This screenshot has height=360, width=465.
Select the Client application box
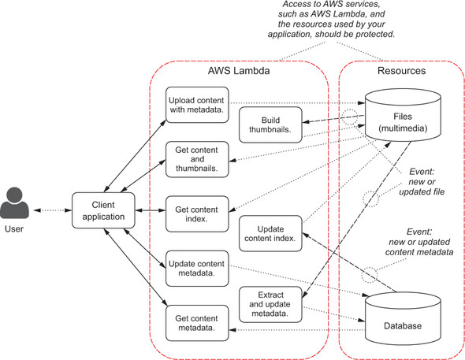(x=103, y=210)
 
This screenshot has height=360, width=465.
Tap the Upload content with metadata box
(x=197, y=105)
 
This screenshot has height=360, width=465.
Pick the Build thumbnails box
(x=270, y=124)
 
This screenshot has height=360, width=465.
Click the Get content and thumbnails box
(x=197, y=159)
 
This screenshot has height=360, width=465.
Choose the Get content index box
(x=197, y=214)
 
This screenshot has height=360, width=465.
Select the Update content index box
(x=270, y=233)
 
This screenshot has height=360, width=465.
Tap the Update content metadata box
(x=197, y=269)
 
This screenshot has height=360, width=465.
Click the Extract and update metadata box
(x=270, y=304)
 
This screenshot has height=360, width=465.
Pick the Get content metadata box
(x=197, y=323)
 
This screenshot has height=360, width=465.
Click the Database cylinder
(x=403, y=318)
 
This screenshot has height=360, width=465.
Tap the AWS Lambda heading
(x=239, y=71)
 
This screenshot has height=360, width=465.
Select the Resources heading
(x=401, y=71)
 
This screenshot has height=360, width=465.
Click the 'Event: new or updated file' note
(x=422, y=182)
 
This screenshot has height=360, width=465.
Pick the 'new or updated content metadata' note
(x=419, y=247)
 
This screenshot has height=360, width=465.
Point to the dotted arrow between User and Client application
(x=53, y=210)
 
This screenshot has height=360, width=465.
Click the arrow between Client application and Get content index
(x=151, y=210)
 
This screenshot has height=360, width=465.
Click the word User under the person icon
(x=14, y=228)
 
